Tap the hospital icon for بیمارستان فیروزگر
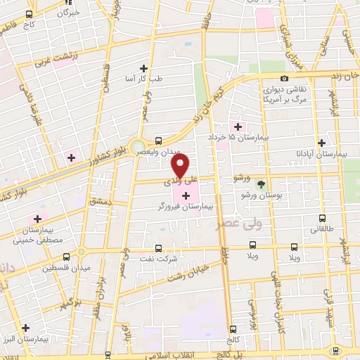tap(186, 195)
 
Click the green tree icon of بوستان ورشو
tap(262, 184)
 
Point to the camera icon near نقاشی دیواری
tap(284, 79)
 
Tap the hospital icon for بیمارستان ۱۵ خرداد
tap(238, 127)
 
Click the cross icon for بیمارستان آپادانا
tap(321, 141)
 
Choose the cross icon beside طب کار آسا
tap(143, 68)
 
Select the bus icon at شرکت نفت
tap(157, 247)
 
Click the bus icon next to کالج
tap(233, 328)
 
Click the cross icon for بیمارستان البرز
tap(25, 327)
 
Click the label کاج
tap(29, 24)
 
